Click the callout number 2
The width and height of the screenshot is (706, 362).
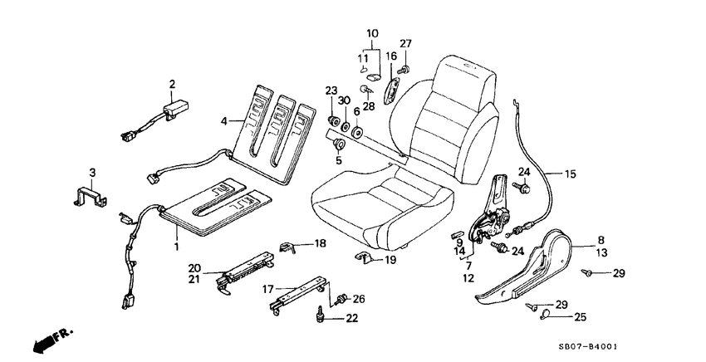pos(173,84)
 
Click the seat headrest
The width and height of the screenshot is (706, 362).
pos(470,75)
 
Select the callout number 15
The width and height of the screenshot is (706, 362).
pos(570,174)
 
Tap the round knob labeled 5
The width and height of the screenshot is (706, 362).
pos(339,146)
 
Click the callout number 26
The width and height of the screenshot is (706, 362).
pos(359,299)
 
